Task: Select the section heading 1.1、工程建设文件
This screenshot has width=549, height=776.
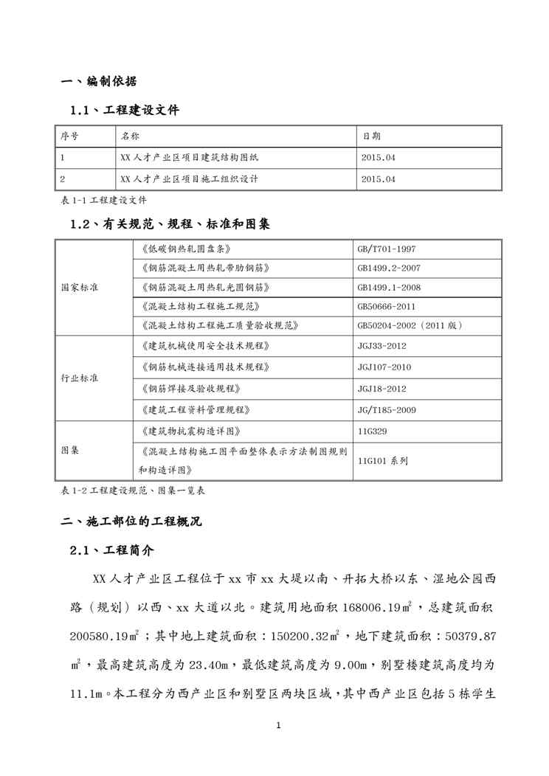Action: pos(124,111)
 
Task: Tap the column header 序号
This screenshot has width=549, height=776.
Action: pos(70,136)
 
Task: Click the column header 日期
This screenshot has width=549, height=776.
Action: pos(372,136)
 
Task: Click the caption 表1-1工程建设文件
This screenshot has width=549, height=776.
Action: pos(103,200)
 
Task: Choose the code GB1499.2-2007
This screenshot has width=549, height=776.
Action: pos(389,268)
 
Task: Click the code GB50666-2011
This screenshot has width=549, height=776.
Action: pos(387,305)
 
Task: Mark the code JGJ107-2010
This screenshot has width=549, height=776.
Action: pos(384,367)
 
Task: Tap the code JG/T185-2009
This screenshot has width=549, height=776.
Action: pos(387,409)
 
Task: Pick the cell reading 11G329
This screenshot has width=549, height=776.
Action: pos(372,431)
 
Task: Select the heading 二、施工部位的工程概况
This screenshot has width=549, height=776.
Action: pos(130,522)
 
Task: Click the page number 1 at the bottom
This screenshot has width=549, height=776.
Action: pos(278,726)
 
